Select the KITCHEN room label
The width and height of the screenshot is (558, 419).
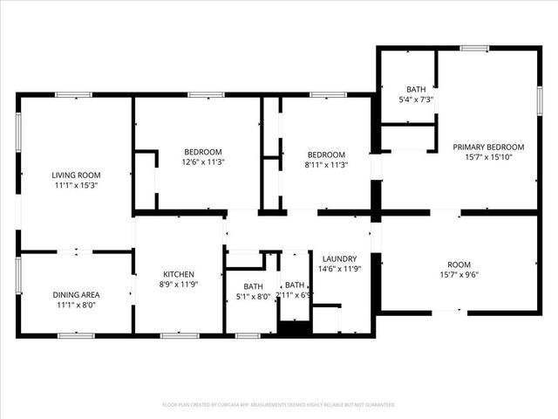click(178, 274)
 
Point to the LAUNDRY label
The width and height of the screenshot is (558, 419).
click(339, 258)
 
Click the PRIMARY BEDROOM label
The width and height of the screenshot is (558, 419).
click(488, 147)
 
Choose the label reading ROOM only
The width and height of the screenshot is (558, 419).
click(459, 264)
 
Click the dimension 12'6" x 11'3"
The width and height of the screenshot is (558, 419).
click(202, 162)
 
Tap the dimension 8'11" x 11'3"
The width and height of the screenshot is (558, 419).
click(326, 165)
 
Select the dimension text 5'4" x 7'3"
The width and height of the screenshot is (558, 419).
click(415, 100)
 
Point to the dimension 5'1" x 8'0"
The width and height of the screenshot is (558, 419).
click(253, 297)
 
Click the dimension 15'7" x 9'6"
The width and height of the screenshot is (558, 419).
click(459, 276)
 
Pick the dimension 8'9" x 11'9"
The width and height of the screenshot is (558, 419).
click(178, 285)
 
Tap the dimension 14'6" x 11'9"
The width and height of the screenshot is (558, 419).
click(339, 270)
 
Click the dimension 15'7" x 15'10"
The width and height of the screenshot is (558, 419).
click(488, 158)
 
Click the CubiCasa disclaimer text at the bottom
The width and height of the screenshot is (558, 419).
click(279, 405)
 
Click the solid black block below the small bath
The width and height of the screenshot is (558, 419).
click(294, 328)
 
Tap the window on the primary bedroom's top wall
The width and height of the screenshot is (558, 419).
click(474, 48)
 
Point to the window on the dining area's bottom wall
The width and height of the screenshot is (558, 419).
click(75, 335)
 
